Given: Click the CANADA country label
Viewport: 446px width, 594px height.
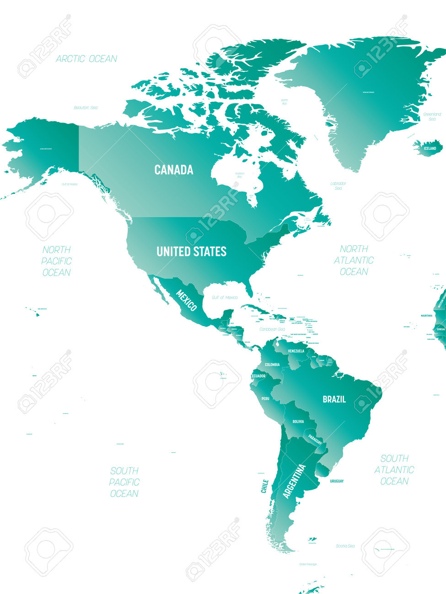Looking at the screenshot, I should (x=173, y=170).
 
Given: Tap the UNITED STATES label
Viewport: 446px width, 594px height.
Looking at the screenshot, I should (x=191, y=251).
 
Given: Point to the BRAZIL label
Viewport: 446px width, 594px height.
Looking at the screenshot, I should (x=334, y=399).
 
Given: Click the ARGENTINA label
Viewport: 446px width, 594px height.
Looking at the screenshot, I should (x=295, y=481).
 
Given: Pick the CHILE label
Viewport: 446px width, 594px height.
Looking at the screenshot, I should (x=264, y=486).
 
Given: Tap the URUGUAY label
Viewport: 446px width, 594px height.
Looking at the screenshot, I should (x=337, y=481).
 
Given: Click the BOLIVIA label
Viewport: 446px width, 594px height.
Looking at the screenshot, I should (x=298, y=421).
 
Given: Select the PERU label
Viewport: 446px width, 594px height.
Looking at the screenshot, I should (x=265, y=398).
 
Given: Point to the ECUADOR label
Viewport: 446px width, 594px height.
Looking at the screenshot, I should (x=258, y=376).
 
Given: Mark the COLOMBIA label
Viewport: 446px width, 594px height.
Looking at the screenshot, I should (x=272, y=365).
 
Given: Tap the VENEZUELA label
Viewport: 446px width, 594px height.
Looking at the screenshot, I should (x=296, y=351).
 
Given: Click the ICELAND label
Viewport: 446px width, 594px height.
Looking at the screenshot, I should (x=430, y=148).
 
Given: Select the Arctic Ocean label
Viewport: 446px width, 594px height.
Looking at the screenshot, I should (x=86, y=58).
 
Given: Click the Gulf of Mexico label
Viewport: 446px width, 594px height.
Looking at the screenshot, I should (x=224, y=297).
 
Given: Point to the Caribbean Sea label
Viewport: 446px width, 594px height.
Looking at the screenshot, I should (x=272, y=329).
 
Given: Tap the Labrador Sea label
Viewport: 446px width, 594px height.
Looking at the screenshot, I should (x=339, y=186).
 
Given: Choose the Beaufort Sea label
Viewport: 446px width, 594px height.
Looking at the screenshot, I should (x=86, y=108).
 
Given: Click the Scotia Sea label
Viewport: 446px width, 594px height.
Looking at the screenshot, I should (x=345, y=546).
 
